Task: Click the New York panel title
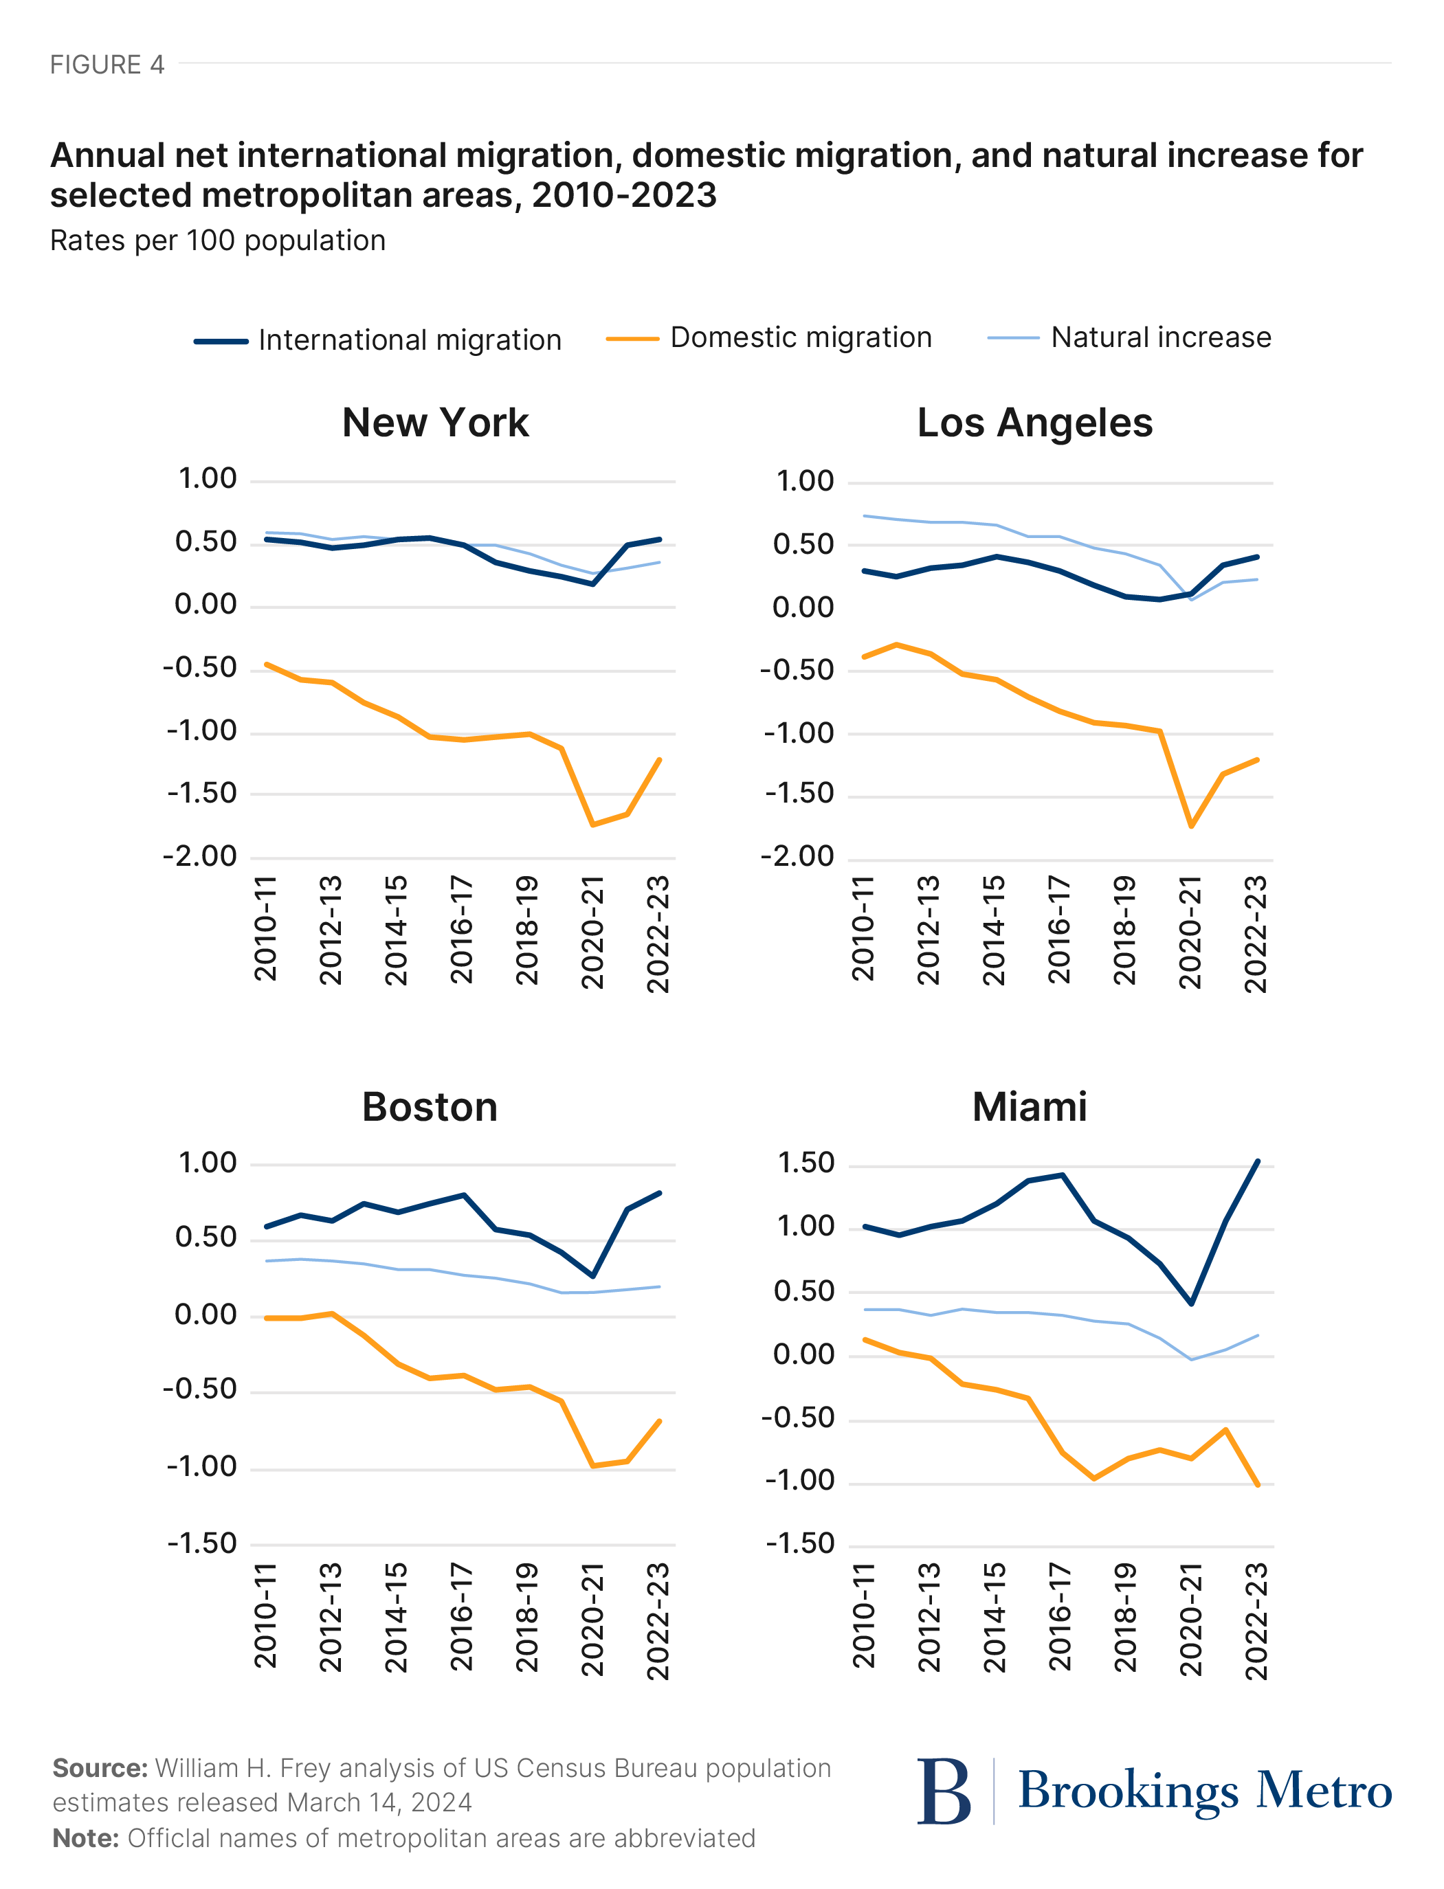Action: (435, 423)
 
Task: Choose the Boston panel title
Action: (430, 1107)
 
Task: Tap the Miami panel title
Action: (1029, 1107)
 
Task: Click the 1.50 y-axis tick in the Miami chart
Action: (806, 1163)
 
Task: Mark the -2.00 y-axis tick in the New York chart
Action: (199, 857)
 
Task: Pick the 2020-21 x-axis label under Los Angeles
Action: (1190, 932)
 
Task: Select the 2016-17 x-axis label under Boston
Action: (462, 1617)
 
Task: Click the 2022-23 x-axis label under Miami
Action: (1256, 1621)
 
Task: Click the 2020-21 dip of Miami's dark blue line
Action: (1191, 1304)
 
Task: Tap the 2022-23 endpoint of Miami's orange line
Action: (1258, 1484)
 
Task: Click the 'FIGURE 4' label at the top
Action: (107, 65)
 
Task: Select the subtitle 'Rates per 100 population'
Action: (217, 241)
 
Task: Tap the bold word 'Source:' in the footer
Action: (100, 1768)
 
